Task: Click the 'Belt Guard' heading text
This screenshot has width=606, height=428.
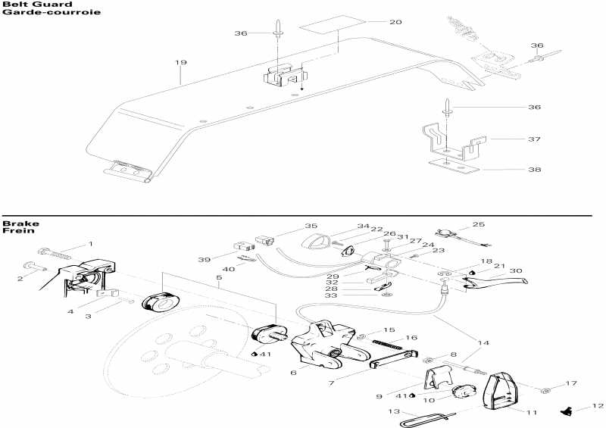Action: (27, 5)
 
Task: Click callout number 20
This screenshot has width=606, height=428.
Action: (395, 22)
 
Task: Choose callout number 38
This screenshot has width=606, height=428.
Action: (535, 170)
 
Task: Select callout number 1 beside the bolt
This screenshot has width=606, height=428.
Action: (90, 244)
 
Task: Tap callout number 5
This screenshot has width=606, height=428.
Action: (219, 279)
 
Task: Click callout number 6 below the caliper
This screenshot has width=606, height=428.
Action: (293, 373)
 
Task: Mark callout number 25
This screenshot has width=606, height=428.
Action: (478, 225)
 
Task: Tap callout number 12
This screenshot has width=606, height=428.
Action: (598, 407)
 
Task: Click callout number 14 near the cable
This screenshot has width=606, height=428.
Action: (483, 343)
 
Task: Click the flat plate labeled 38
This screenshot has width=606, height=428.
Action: (451, 163)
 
